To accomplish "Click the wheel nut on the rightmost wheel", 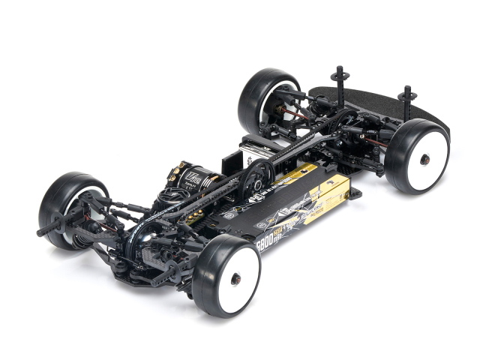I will click(425, 159).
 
